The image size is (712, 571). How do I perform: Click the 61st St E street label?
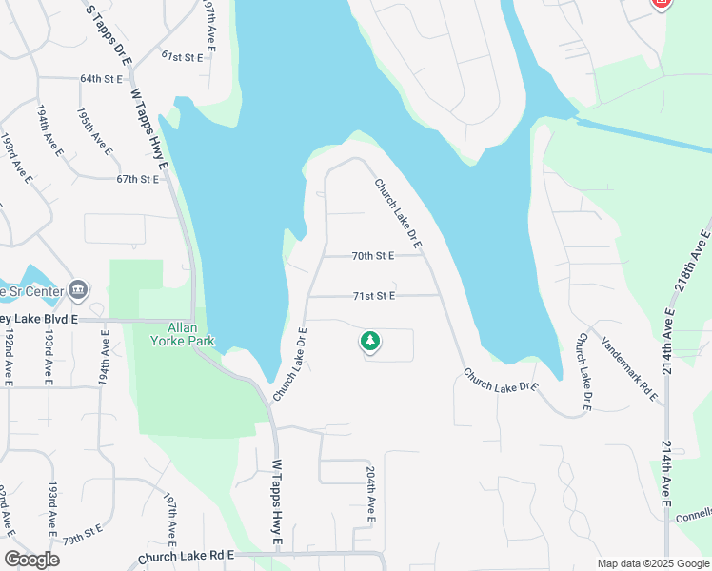click(182, 57)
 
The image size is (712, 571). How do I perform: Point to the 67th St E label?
click(136, 179)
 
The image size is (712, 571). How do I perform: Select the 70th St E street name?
click(372, 256)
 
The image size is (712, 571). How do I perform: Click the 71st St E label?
click(373, 296)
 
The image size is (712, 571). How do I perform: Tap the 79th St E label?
click(84, 531)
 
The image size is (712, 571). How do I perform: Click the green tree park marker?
click(369, 341)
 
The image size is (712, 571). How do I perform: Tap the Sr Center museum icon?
click(79, 289)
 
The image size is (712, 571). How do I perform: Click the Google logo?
click(31, 560)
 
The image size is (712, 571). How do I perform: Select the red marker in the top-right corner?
click(662, 3)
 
